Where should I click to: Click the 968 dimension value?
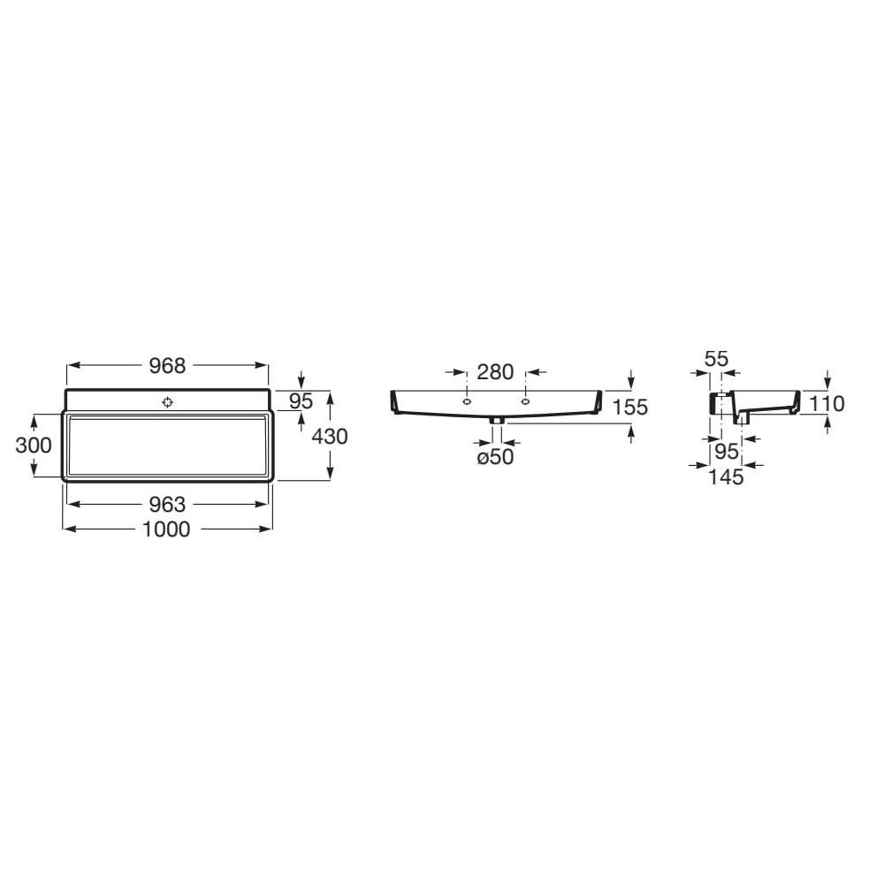(167, 366)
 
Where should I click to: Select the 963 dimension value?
(167, 504)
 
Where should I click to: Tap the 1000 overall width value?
(167, 529)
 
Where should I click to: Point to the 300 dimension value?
(34, 446)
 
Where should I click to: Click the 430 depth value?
(330, 437)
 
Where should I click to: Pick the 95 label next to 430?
(301, 401)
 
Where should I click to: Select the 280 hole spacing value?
(496, 372)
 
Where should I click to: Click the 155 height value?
(629, 407)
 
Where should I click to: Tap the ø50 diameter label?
(496, 457)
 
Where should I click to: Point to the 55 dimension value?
(717, 359)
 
